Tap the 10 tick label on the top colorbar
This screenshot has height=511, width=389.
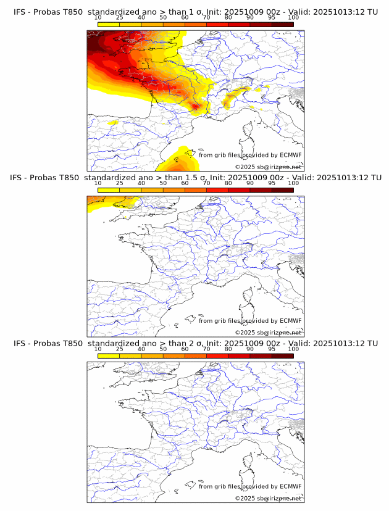tap(98, 18)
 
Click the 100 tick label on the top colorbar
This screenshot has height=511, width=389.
tap(293, 18)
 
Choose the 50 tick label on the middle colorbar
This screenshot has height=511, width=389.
tap(163, 183)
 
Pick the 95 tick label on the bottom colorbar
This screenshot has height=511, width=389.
tap(272, 349)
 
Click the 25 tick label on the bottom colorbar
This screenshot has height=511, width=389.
tap(120, 349)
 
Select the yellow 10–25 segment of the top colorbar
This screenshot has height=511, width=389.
tap(109, 24)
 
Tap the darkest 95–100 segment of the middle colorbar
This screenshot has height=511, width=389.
tap(282, 190)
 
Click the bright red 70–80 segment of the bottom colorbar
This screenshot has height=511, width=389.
tap(217, 355)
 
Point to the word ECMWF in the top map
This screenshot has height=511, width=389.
tap(291, 156)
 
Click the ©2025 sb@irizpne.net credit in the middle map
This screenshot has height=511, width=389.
tap(268, 332)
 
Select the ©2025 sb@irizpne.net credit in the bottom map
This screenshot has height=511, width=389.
tap(268, 498)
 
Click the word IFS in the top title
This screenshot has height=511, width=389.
tap(20, 12)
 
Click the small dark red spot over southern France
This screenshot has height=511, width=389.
tap(197, 107)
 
